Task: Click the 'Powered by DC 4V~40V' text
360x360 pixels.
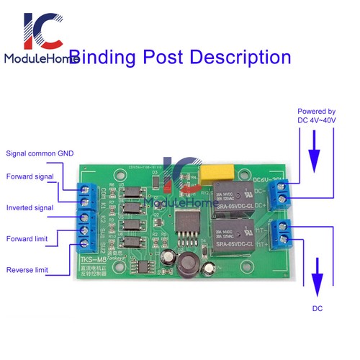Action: point(317,116)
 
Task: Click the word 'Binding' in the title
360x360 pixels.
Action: point(112,58)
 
